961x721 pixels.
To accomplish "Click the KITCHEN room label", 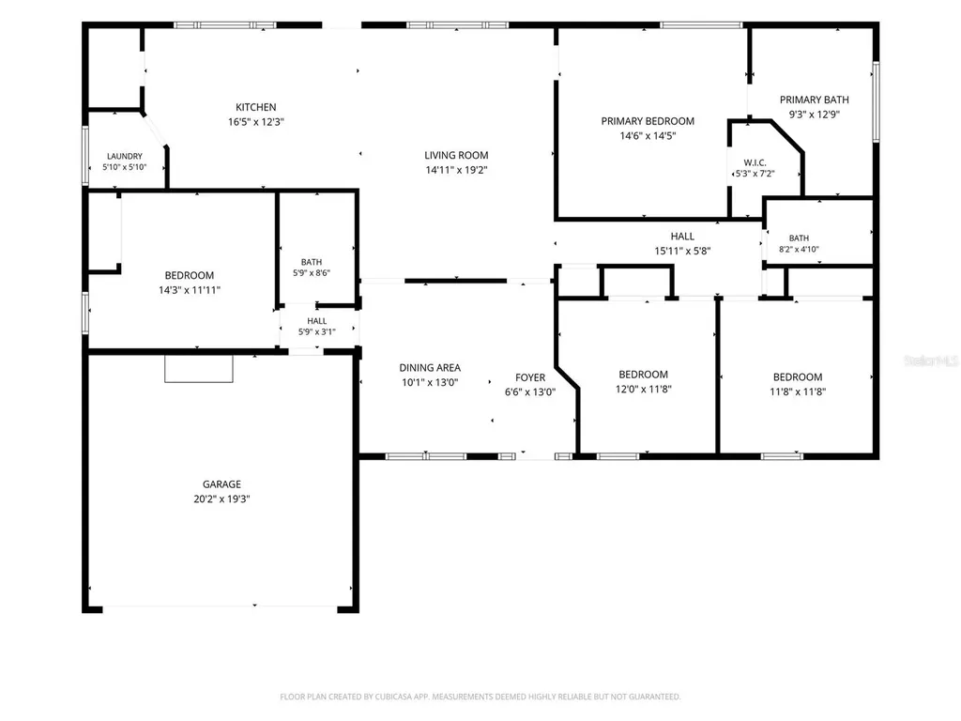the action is tap(256, 107).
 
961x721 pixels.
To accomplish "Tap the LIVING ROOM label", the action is tap(457, 155).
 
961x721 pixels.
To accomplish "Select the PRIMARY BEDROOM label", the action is tap(648, 121).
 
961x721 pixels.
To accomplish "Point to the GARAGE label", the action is tap(221, 484).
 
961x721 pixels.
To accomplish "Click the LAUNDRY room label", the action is tap(125, 157).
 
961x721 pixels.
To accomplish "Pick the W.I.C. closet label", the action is tap(755, 162).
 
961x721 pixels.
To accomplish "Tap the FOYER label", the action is tap(530, 377).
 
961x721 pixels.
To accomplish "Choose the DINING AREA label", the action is tap(430, 368).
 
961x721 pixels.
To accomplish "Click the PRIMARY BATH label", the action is tap(814, 100).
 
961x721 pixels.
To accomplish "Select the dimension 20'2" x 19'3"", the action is tap(221, 499).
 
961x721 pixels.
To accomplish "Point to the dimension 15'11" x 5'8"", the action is tap(682, 251).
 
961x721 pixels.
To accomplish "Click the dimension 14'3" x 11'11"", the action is tap(190, 290).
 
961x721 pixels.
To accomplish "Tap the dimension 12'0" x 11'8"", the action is tap(644, 389).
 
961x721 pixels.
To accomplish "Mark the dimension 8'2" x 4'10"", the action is tap(799, 249).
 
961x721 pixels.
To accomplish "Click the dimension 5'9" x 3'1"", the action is tap(317, 331).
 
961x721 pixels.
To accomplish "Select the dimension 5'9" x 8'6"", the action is tap(312, 273).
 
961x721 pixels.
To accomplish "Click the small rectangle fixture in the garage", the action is tap(199, 368).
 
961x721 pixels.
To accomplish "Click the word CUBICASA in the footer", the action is tap(393, 697).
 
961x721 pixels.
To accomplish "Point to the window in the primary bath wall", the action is tap(876, 101).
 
